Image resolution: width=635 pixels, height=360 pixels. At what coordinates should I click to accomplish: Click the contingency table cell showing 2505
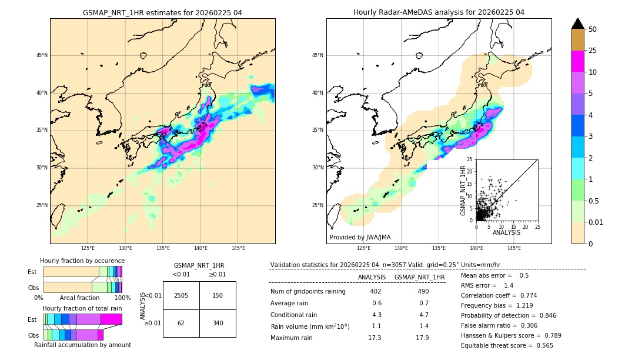point(181,295)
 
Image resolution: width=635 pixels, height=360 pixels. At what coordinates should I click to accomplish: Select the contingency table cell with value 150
point(218,295)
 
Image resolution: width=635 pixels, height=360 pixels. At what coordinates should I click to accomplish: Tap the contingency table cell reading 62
point(181,323)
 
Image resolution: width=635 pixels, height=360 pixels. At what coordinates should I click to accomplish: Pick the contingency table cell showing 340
point(218,323)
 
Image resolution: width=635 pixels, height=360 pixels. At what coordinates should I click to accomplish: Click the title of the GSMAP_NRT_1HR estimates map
point(162,12)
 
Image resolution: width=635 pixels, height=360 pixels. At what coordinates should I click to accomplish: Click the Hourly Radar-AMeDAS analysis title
point(439,12)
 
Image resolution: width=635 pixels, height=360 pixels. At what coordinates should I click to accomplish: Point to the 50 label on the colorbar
point(593,29)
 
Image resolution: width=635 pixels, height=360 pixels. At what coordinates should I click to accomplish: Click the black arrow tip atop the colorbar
point(578,23)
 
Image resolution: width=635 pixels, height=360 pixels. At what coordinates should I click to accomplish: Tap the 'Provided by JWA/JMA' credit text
point(360,237)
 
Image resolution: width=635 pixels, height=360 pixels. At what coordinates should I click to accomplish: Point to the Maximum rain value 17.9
point(422,338)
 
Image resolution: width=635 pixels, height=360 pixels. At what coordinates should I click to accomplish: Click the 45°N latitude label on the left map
point(42,55)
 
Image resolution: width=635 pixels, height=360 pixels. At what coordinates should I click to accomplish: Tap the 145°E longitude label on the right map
point(514,248)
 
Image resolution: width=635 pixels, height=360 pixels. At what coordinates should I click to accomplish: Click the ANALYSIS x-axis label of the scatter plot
point(506,232)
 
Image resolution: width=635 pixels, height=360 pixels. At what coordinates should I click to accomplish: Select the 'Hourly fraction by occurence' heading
point(82,261)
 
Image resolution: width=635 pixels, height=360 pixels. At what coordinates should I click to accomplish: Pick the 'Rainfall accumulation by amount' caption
point(82,345)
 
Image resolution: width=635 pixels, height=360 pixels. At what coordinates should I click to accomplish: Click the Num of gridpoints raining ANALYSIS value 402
point(376,291)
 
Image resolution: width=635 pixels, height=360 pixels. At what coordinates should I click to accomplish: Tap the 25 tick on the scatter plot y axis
point(470,159)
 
